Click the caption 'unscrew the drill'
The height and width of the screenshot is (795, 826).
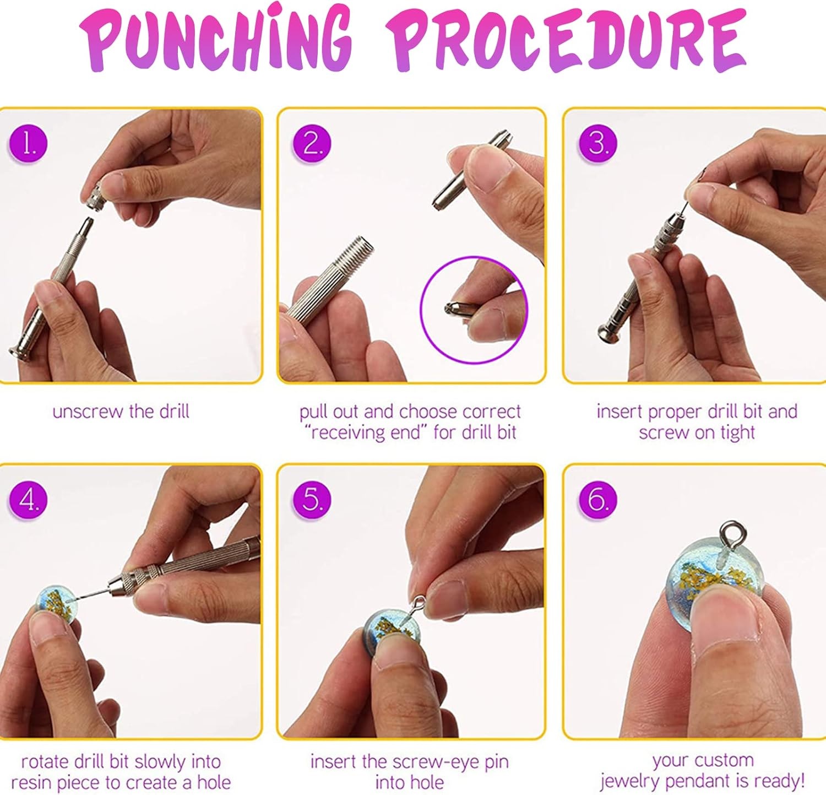[121, 412]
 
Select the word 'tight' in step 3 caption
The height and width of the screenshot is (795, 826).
[737, 433]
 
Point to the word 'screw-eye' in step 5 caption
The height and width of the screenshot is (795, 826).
[436, 762]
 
